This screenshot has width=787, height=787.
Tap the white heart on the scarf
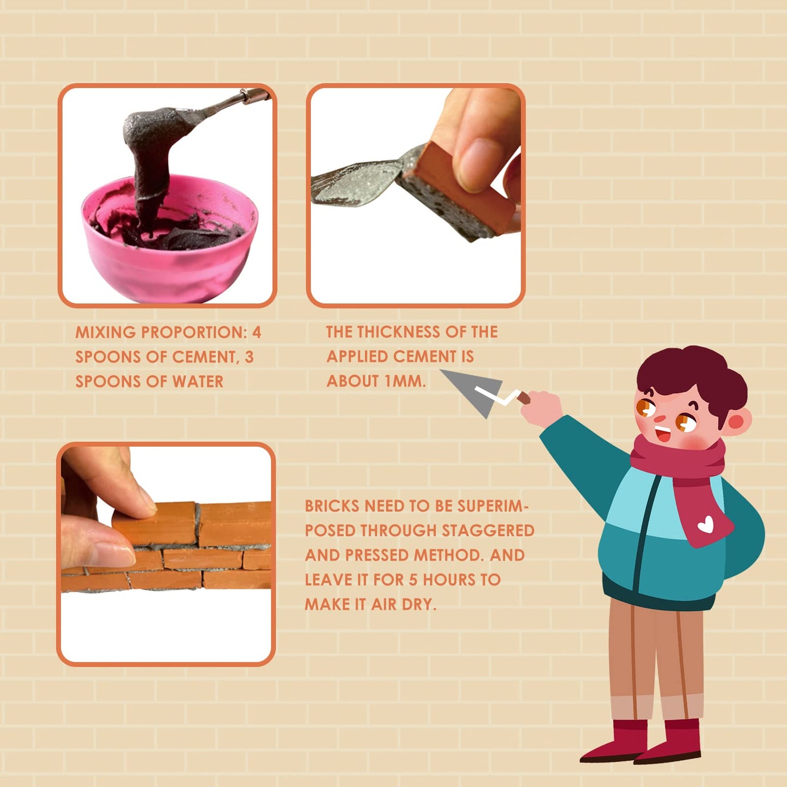pyautogui.click(x=706, y=524)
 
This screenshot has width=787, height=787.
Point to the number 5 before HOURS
pyautogui.click(x=413, y=579)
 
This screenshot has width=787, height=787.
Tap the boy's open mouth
pyautogui.click(x=663, y=434)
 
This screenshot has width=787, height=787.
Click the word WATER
pyautogui.click(x=198, y=382)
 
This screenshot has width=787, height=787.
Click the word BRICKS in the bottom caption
pyautogui.click(x=331, y=506)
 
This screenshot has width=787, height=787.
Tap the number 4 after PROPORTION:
pyautogui.click(x=257, y=332)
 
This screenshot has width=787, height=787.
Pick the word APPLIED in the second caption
pyautogui.click(x=357, y=357)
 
